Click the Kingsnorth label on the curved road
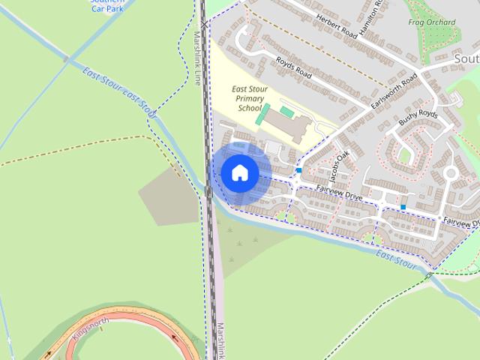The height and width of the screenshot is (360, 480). tap(91, 330)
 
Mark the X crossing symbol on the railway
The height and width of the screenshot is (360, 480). tap(203, 24)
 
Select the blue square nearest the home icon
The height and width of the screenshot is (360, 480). tap(298, 171)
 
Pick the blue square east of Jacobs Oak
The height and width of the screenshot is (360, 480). tap(403, 207)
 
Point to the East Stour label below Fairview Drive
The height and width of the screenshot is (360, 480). tap(396, 259)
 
